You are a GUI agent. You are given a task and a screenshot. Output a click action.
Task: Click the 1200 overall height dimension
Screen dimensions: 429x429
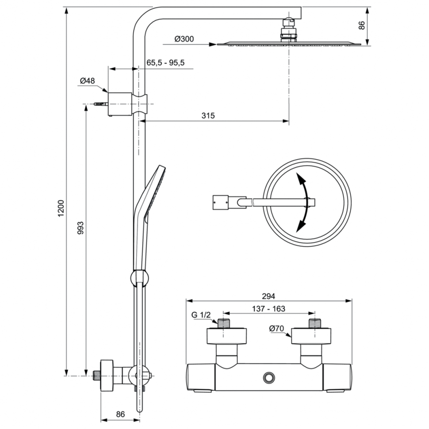(61, 208)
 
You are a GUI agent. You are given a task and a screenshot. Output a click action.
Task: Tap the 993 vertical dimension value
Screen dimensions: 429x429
(80, 228)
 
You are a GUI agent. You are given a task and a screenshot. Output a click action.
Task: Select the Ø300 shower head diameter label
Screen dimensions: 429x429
(184, 39)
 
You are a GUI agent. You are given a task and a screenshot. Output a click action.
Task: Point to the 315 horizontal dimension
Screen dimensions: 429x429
(208, 116)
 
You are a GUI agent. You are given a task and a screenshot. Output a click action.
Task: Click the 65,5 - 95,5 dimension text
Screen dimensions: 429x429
(165, 63)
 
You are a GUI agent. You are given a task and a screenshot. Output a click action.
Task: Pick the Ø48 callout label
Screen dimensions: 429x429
(88, 80)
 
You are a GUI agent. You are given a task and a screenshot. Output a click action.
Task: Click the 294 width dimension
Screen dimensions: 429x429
(268, 296)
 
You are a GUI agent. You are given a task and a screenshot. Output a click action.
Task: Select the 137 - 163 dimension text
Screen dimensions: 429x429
(268, 309)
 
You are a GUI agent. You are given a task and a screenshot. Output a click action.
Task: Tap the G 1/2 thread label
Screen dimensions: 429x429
(202, 315)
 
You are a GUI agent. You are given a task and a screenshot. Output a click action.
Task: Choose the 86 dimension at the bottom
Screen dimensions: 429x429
(120, 414)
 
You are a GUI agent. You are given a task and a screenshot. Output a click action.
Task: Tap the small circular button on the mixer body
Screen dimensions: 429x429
(268, 377)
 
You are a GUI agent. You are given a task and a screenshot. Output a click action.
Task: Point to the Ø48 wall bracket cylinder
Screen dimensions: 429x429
(120, 103)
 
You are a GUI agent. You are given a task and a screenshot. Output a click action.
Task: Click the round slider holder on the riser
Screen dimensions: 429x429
(140, 279)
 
